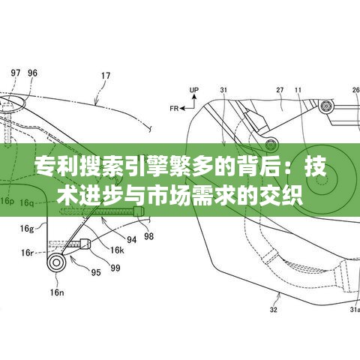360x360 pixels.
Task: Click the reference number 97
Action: [x=16, y=73]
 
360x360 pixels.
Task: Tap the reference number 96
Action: [x=32, y=73]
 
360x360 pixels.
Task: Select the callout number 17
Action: [x=106, y=76]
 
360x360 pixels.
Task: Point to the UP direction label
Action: [x=194, y=90]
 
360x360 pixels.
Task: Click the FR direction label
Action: [x=174, y=109]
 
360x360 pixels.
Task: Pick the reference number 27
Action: [x=280, y=90]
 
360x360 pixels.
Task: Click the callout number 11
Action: [x=298, y=90]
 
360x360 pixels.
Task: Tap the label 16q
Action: [x=27, y=202]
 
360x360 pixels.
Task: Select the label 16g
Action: [x=27, y=229]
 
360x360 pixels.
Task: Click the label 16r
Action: [x=27, y=253]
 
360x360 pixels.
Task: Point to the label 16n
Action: [x=57, y=292]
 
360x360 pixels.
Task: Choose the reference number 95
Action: [x=96, y=272]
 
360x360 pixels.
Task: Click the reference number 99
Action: [x=115, y=268]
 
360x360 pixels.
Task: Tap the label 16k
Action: [x=117, y=250]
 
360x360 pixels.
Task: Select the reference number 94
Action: [x=132, y=240]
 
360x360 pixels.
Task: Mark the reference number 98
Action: [x=148, y=236]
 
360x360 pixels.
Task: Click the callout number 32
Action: [x=274, y=310]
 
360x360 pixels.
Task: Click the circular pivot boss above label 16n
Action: [x=56, y=262]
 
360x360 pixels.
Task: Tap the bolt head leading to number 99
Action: [x=85, y=244]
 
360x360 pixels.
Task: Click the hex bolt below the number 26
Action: [x=326, y=106]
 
